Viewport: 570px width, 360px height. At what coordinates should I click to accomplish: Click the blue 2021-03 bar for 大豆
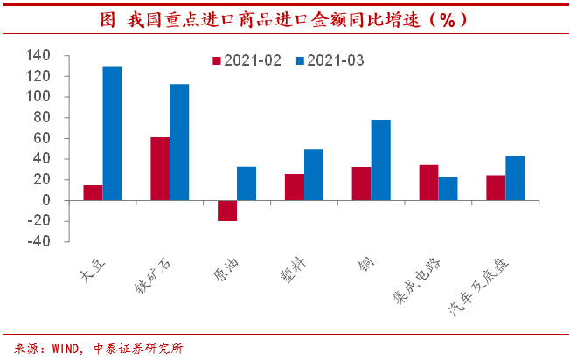click(112, 134)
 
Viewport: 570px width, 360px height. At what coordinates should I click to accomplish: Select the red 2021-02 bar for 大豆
click(93, 192)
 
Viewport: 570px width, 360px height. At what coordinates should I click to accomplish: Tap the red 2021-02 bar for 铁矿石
click(160, 169)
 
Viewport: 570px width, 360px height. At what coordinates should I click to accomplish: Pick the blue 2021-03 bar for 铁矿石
click(179, 142)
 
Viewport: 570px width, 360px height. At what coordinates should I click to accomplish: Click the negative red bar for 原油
click(227, 211)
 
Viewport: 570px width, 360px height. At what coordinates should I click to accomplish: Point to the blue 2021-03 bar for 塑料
click(314, 175)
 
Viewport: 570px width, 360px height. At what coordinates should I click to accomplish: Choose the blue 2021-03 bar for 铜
click(380, 160)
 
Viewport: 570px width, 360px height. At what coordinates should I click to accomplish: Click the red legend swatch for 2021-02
click(217, 60)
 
